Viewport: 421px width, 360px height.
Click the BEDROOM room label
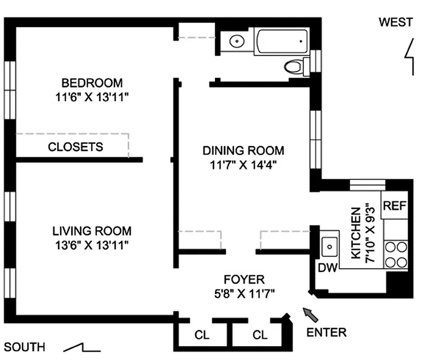[x=92, y=83]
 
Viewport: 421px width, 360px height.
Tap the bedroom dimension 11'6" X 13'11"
[x=92, y=98]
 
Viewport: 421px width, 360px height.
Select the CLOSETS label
[x=75, y=147]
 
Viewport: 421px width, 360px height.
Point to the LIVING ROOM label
[x=92, y=231]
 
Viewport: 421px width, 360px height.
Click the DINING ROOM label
[x=243, y=150]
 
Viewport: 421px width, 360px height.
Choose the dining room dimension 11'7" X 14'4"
[x=243, y=165]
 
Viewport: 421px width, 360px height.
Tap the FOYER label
[x=244, y=280]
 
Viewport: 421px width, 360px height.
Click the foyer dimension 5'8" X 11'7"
[x=244, y=294]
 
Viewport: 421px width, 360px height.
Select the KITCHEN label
[x=356, y=233]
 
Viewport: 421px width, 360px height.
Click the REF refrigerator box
[x=394, y=206]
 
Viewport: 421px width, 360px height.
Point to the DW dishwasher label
[x=328, y=268]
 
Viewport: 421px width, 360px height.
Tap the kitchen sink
[x=330, y=246]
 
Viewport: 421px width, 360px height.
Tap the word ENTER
[x=326, y=333]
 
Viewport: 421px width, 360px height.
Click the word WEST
[x=395, y=22]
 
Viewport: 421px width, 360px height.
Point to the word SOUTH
[x=25, y=347]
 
